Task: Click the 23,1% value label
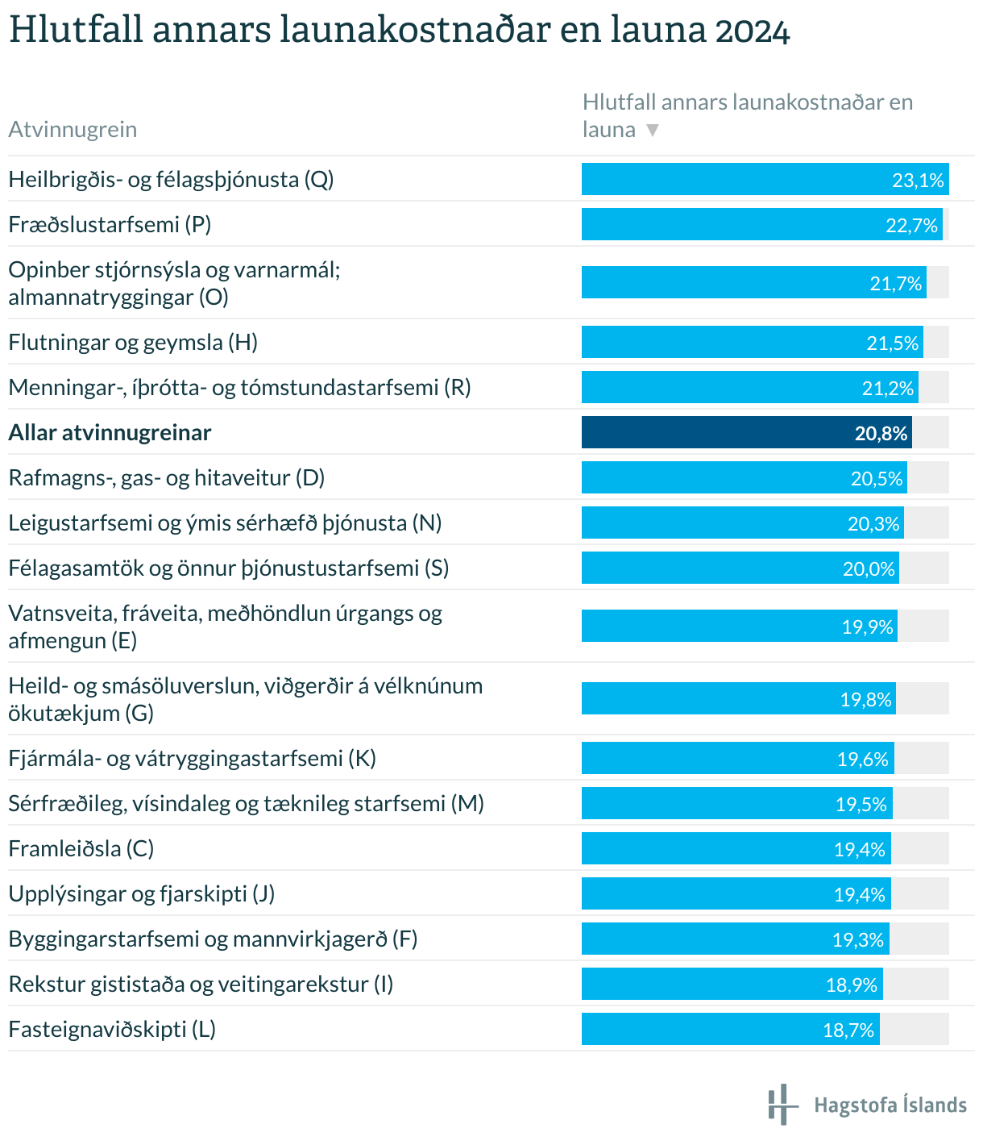click(x=918, y=180)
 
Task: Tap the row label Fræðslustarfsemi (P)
click(x=110, y=225)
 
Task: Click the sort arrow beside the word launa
click(x=653, y=131)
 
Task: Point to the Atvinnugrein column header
click(x=73, y=130)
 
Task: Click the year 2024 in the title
click(x=752, y=32)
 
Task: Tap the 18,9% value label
click(x=852, y=985)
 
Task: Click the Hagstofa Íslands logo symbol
click(x=781, y=1104)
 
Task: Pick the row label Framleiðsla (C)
click(x=81, y=849)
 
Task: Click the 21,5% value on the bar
click(x=892, y=343)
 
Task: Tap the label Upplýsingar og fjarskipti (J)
click(x=142, y=894)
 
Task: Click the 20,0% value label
click(x=869, y=569)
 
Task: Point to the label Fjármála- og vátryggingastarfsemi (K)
click(x=193, y=759)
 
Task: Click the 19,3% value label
click(x=858, y=939)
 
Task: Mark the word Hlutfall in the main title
click(x=76, y=31)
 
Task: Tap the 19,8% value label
click(x=866, y=699)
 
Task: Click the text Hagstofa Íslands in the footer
click(x=890, y=1105)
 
